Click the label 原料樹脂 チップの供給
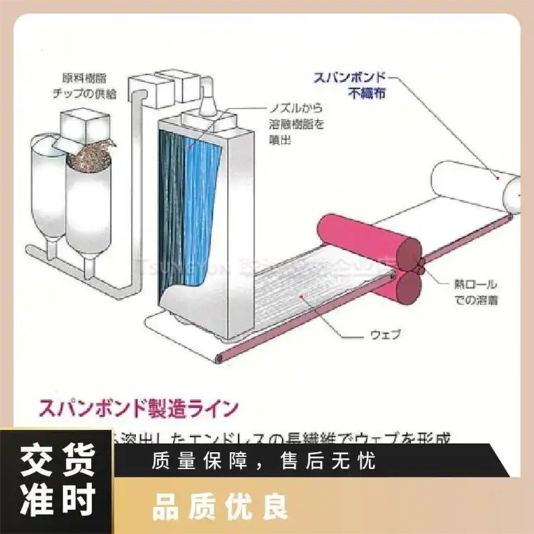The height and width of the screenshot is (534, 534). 89,85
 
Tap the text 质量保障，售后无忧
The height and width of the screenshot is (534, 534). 264,460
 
